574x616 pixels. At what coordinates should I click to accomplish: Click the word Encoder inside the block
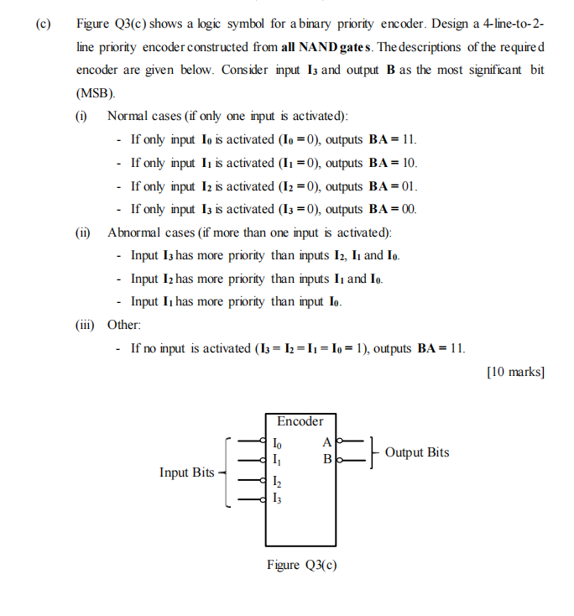click(300, 421)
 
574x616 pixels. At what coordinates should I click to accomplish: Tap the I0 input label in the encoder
click(279, 442)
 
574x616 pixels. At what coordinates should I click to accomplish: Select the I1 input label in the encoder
click(279, 459)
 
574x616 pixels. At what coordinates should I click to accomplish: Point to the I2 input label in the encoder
click(279, 482)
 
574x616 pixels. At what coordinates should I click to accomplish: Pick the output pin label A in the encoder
click(326, 442)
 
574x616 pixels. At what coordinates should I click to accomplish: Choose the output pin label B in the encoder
click(326, 459)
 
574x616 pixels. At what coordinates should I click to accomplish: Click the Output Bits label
click(417, 452)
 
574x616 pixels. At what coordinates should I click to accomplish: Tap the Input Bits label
click(187, 472)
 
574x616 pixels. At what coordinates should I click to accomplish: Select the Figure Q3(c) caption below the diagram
click(301, 565)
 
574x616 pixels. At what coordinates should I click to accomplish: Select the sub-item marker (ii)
click(83, 232)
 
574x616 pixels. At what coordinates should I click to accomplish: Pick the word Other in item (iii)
click(124, 325)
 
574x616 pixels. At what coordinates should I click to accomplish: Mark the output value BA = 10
click(393, 163)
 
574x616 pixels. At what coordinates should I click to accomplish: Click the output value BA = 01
click(393, 186)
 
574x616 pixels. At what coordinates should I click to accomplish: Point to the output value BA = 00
click(393, 209)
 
